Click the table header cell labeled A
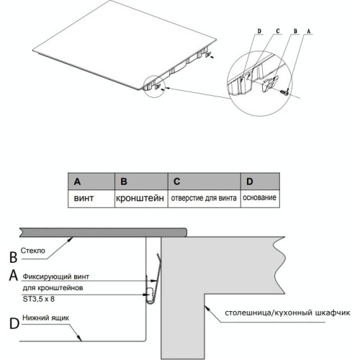(x=91, y=181)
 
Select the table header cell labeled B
(x=141, y=181)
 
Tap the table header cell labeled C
(x=204, y=181)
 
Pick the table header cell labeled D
(x=260, y=181)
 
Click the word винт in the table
(x=84, y=198)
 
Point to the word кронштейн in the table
(x=140, y=199)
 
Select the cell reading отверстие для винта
(x=204, y=198)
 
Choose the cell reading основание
(x=259, y=197)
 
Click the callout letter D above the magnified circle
(x=259, y=31)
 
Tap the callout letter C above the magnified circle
(x=278, y=31)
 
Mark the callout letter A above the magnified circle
(x=309, y=31)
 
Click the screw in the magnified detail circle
(x=285, y=91)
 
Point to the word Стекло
(x=33, y=251)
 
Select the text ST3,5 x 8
(x=39, y=299)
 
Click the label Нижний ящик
(x=45, y=318)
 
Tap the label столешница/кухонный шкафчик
(x=287, y=312)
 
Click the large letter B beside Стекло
(x=14, y=256)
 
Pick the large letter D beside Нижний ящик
(x=14, y=323)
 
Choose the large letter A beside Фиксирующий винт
(x=14, y=275)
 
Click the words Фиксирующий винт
(x=56, y=277)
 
